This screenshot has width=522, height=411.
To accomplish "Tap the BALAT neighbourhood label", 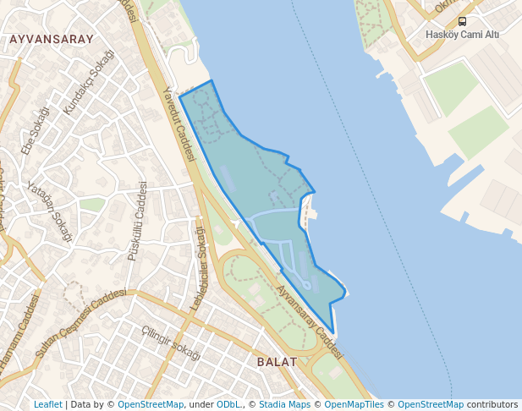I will point(277,361).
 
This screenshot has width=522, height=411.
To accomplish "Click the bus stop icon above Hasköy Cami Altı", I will point(462,21).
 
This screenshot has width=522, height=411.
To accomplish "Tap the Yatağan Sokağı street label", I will point(49,211).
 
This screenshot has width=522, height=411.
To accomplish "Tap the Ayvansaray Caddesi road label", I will point(309,322).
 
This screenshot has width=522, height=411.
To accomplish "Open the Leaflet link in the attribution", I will point(47,404).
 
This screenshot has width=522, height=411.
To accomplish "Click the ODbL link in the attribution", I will point(228,404).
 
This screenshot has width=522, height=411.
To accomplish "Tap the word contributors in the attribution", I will point(492,404).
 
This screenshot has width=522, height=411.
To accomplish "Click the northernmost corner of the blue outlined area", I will point(211,81).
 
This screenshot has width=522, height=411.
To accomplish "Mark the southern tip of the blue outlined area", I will point(334,335).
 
